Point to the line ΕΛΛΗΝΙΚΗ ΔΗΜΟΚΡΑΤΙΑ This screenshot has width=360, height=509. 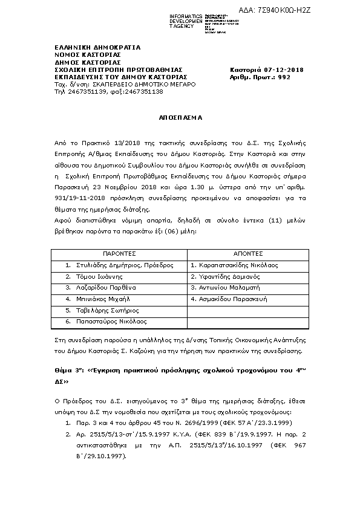pos(89,47)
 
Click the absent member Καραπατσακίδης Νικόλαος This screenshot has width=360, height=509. pos(234,265)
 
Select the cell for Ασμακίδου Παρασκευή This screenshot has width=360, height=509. pos(227,299)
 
